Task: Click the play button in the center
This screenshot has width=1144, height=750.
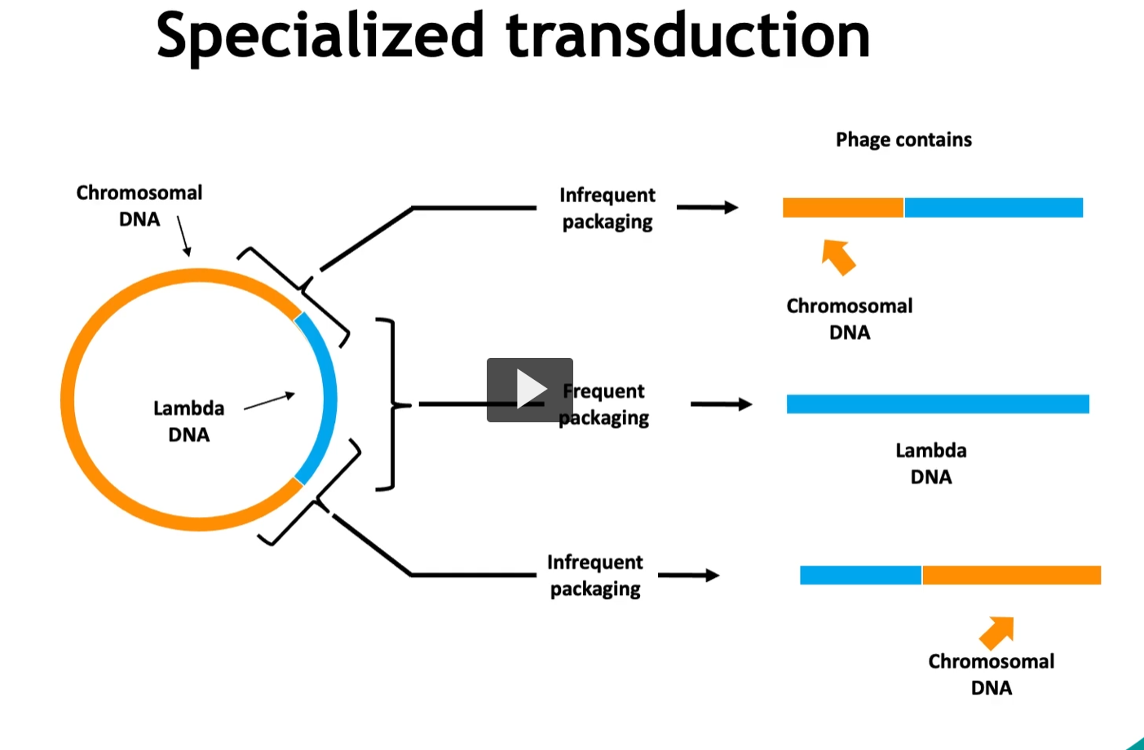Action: [x=530, y=390]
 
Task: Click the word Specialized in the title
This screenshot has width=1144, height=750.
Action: [x=320, y=36]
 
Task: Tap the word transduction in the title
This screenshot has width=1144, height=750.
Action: [x=687, y=36]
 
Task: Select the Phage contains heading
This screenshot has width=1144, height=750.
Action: [x=903, y=139]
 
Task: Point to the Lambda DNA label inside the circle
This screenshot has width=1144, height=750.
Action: [x=188, y=421]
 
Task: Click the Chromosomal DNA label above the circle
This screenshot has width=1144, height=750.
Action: [x=139, y=205]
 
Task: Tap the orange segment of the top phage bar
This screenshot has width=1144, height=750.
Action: [x=842, y=208]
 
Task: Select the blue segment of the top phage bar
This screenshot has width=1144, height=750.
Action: [x=993, y=208]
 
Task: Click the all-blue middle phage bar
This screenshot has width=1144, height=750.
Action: [x=938, y=404]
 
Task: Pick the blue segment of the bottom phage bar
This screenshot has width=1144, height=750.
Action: [x=860, y=576]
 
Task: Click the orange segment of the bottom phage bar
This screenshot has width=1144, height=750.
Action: [x=1011, y=576]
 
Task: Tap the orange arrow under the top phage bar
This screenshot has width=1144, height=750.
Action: [x=838, y=257]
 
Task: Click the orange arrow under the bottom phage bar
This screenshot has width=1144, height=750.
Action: [x=997, y=632]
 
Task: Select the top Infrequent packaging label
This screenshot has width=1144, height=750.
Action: [x=607, y=208]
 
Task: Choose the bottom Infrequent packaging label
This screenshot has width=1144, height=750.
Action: [x=595, y=576]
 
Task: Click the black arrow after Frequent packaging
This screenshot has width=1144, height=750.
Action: [x=721, y=404]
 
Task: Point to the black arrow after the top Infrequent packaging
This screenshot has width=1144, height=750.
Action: [x=707, y=208]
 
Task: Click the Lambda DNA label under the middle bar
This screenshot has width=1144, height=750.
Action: [x=931, y=463]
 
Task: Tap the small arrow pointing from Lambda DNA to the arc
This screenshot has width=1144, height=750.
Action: [x=269, y=401]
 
